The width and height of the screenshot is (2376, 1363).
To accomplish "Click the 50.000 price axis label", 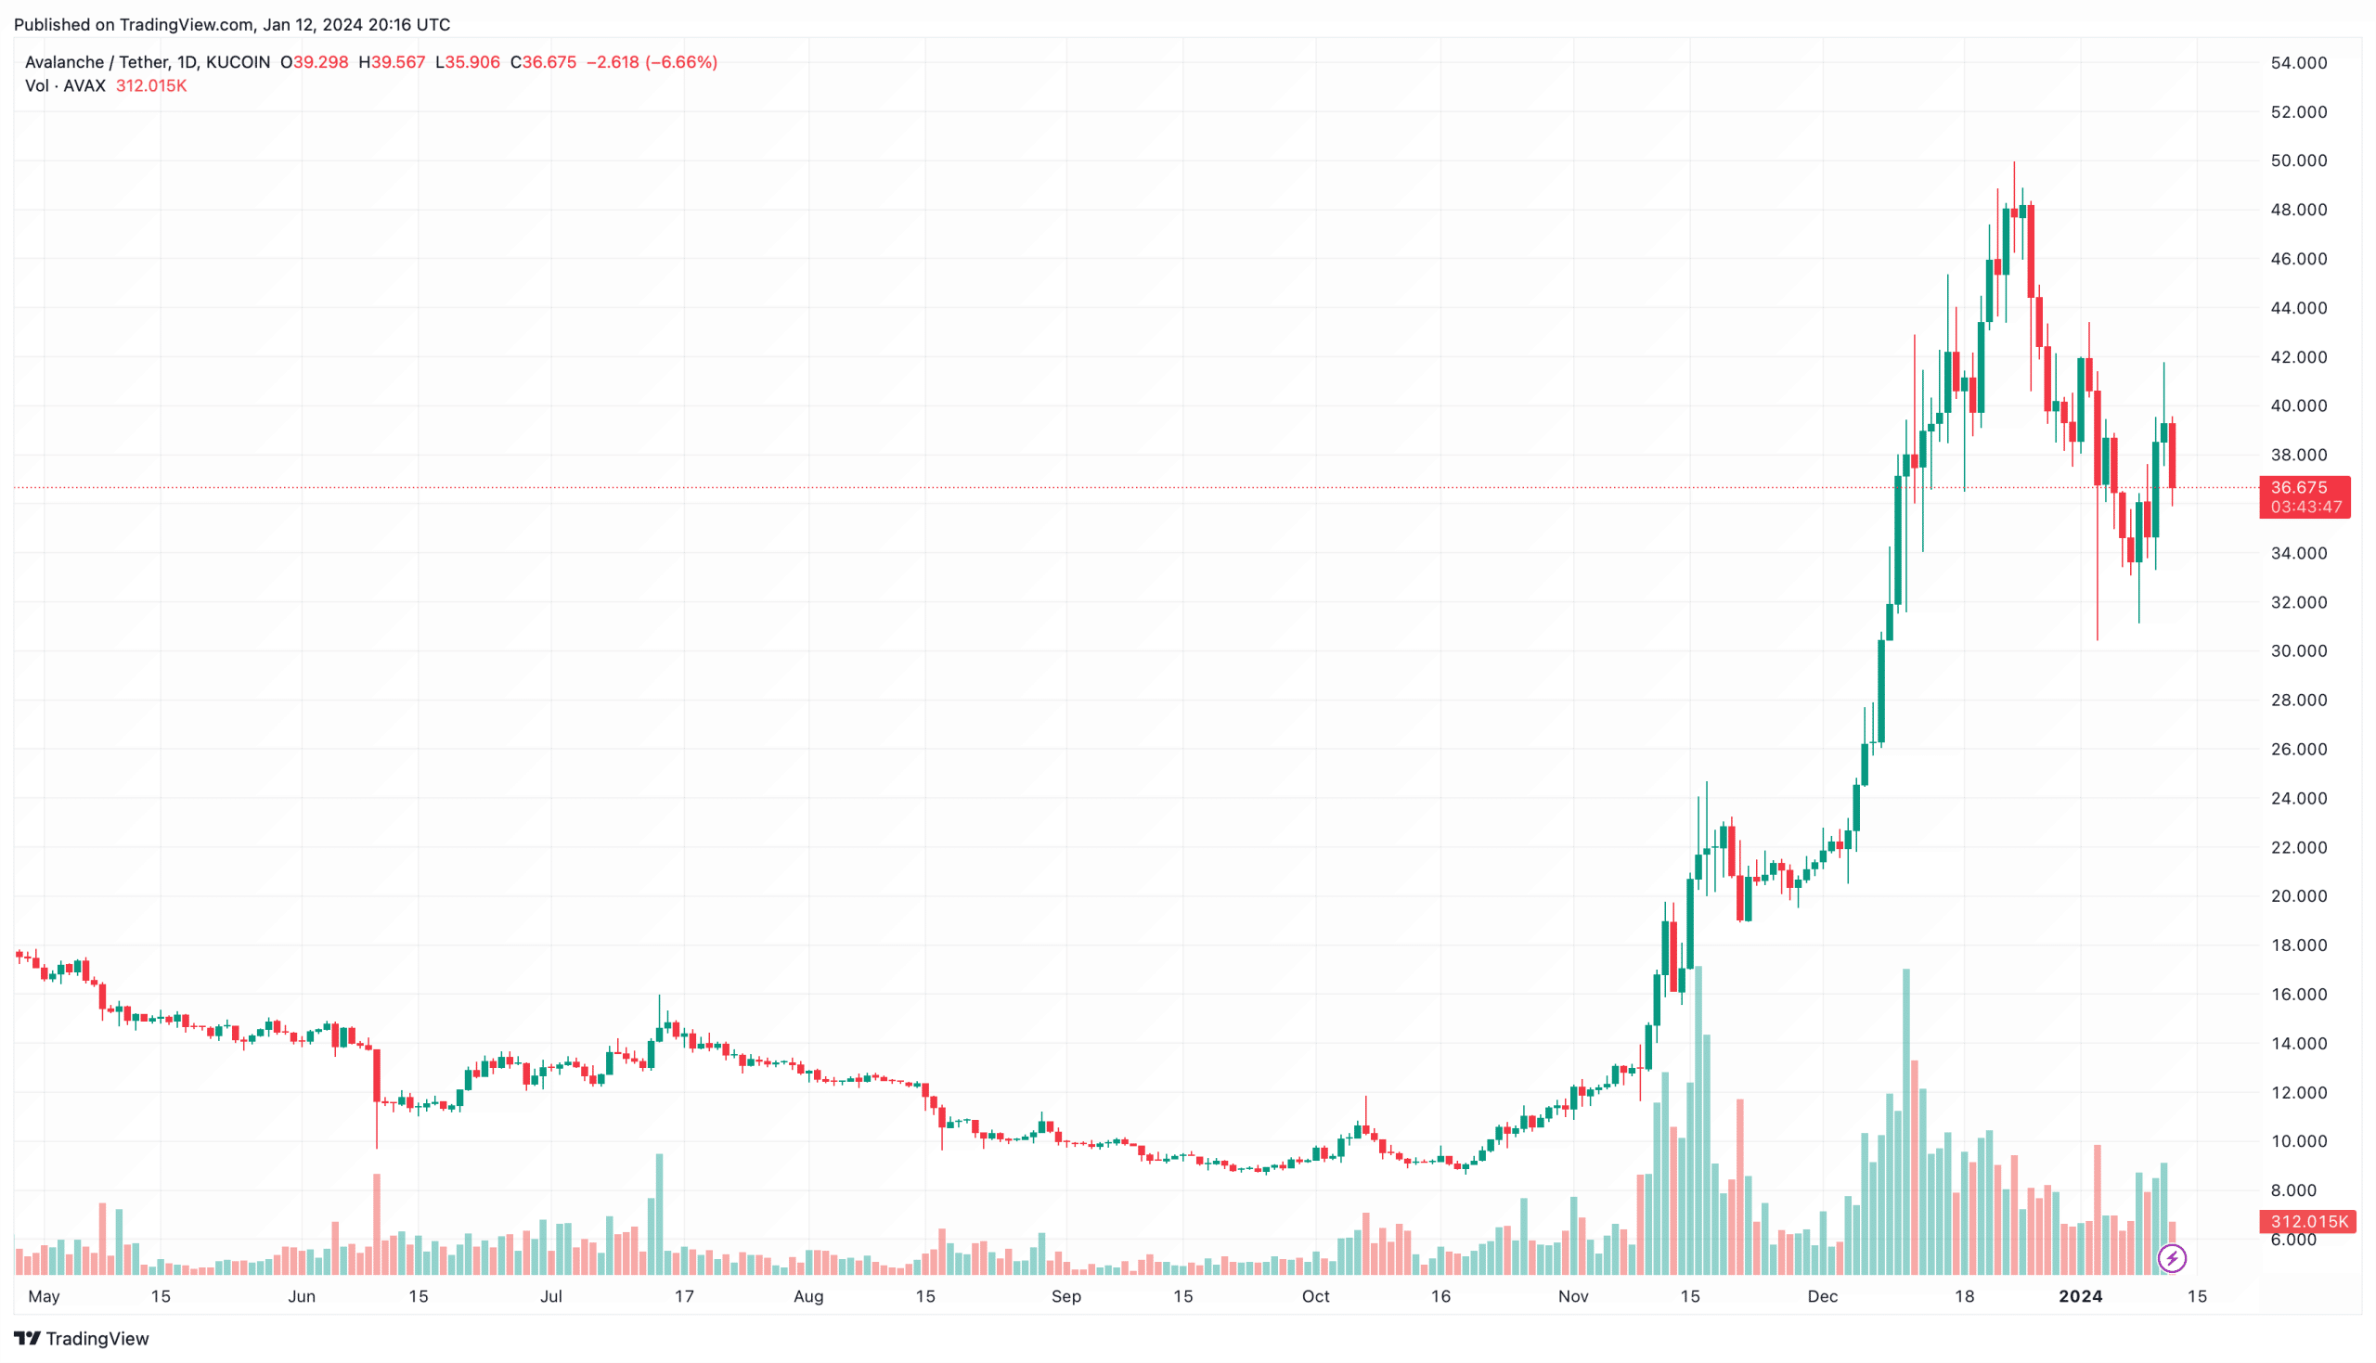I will [2298, 161].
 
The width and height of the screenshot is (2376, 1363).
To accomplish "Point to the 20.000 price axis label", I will [2298, 896].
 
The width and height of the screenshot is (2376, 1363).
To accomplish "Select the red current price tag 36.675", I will [2303, 488].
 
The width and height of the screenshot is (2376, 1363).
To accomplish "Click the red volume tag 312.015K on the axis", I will [2308, 1222].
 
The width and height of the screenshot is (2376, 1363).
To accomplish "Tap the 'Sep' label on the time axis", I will [1065, 1296].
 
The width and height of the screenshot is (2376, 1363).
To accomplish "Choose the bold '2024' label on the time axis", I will [2080, 1296].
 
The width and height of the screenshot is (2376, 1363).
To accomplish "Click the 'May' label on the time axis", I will [44, 1296].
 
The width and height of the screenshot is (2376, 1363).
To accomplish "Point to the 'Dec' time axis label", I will [1822, 1296].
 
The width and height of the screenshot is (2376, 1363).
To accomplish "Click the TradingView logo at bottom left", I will [82, 1339].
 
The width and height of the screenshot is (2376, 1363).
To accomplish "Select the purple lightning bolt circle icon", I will [2172, 1258].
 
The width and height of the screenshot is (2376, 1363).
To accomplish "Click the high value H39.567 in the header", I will [393, 62].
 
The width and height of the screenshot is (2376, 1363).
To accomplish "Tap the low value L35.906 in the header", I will [468, 62].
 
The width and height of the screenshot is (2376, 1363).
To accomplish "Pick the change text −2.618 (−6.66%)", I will [652, 62].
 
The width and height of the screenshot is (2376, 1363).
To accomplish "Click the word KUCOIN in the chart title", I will [238, 62].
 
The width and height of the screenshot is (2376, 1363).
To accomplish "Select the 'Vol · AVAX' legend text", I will [66, 86].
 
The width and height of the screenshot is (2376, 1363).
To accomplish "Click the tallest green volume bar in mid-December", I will [1906, 1124].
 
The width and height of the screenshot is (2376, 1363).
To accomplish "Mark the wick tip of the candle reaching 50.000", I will [2014, 164].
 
